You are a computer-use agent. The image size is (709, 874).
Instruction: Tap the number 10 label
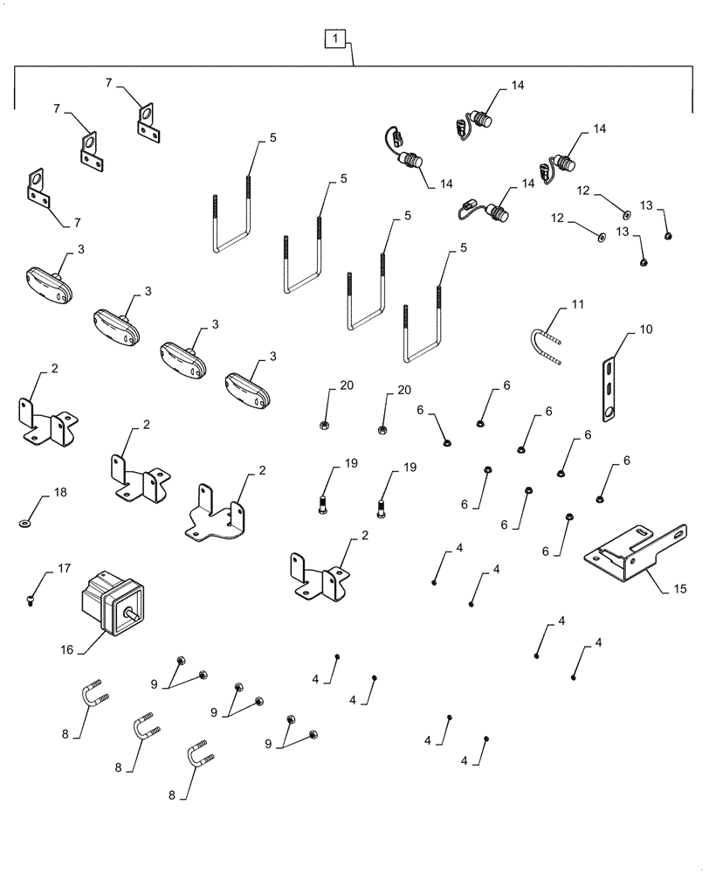(644, 329)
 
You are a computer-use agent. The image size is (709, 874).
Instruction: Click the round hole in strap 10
(608, 412)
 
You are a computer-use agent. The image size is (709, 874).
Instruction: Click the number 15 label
(679, 589)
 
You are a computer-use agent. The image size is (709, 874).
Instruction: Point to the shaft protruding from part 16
(133, 615)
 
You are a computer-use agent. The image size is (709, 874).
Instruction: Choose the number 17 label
(64, 569)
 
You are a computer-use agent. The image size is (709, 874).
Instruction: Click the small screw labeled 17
(31, 600)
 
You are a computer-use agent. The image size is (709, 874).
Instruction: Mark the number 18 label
(59, 494)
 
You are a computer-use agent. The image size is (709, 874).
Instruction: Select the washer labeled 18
(23, 523)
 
